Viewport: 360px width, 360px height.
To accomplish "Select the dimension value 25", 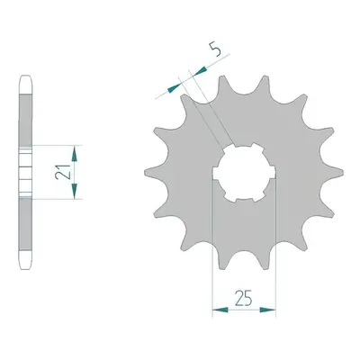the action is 244,298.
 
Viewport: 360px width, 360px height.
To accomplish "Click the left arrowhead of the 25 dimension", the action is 220,310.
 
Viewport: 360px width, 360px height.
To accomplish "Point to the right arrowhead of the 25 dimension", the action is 267,310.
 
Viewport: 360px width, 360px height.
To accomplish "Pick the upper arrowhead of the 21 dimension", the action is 75,153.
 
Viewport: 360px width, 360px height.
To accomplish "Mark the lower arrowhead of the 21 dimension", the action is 75,191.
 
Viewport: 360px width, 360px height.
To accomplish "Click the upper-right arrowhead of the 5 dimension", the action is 200,71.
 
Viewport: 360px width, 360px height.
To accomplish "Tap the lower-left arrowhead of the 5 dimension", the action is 175,87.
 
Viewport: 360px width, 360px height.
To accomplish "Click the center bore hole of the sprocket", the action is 244,173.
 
